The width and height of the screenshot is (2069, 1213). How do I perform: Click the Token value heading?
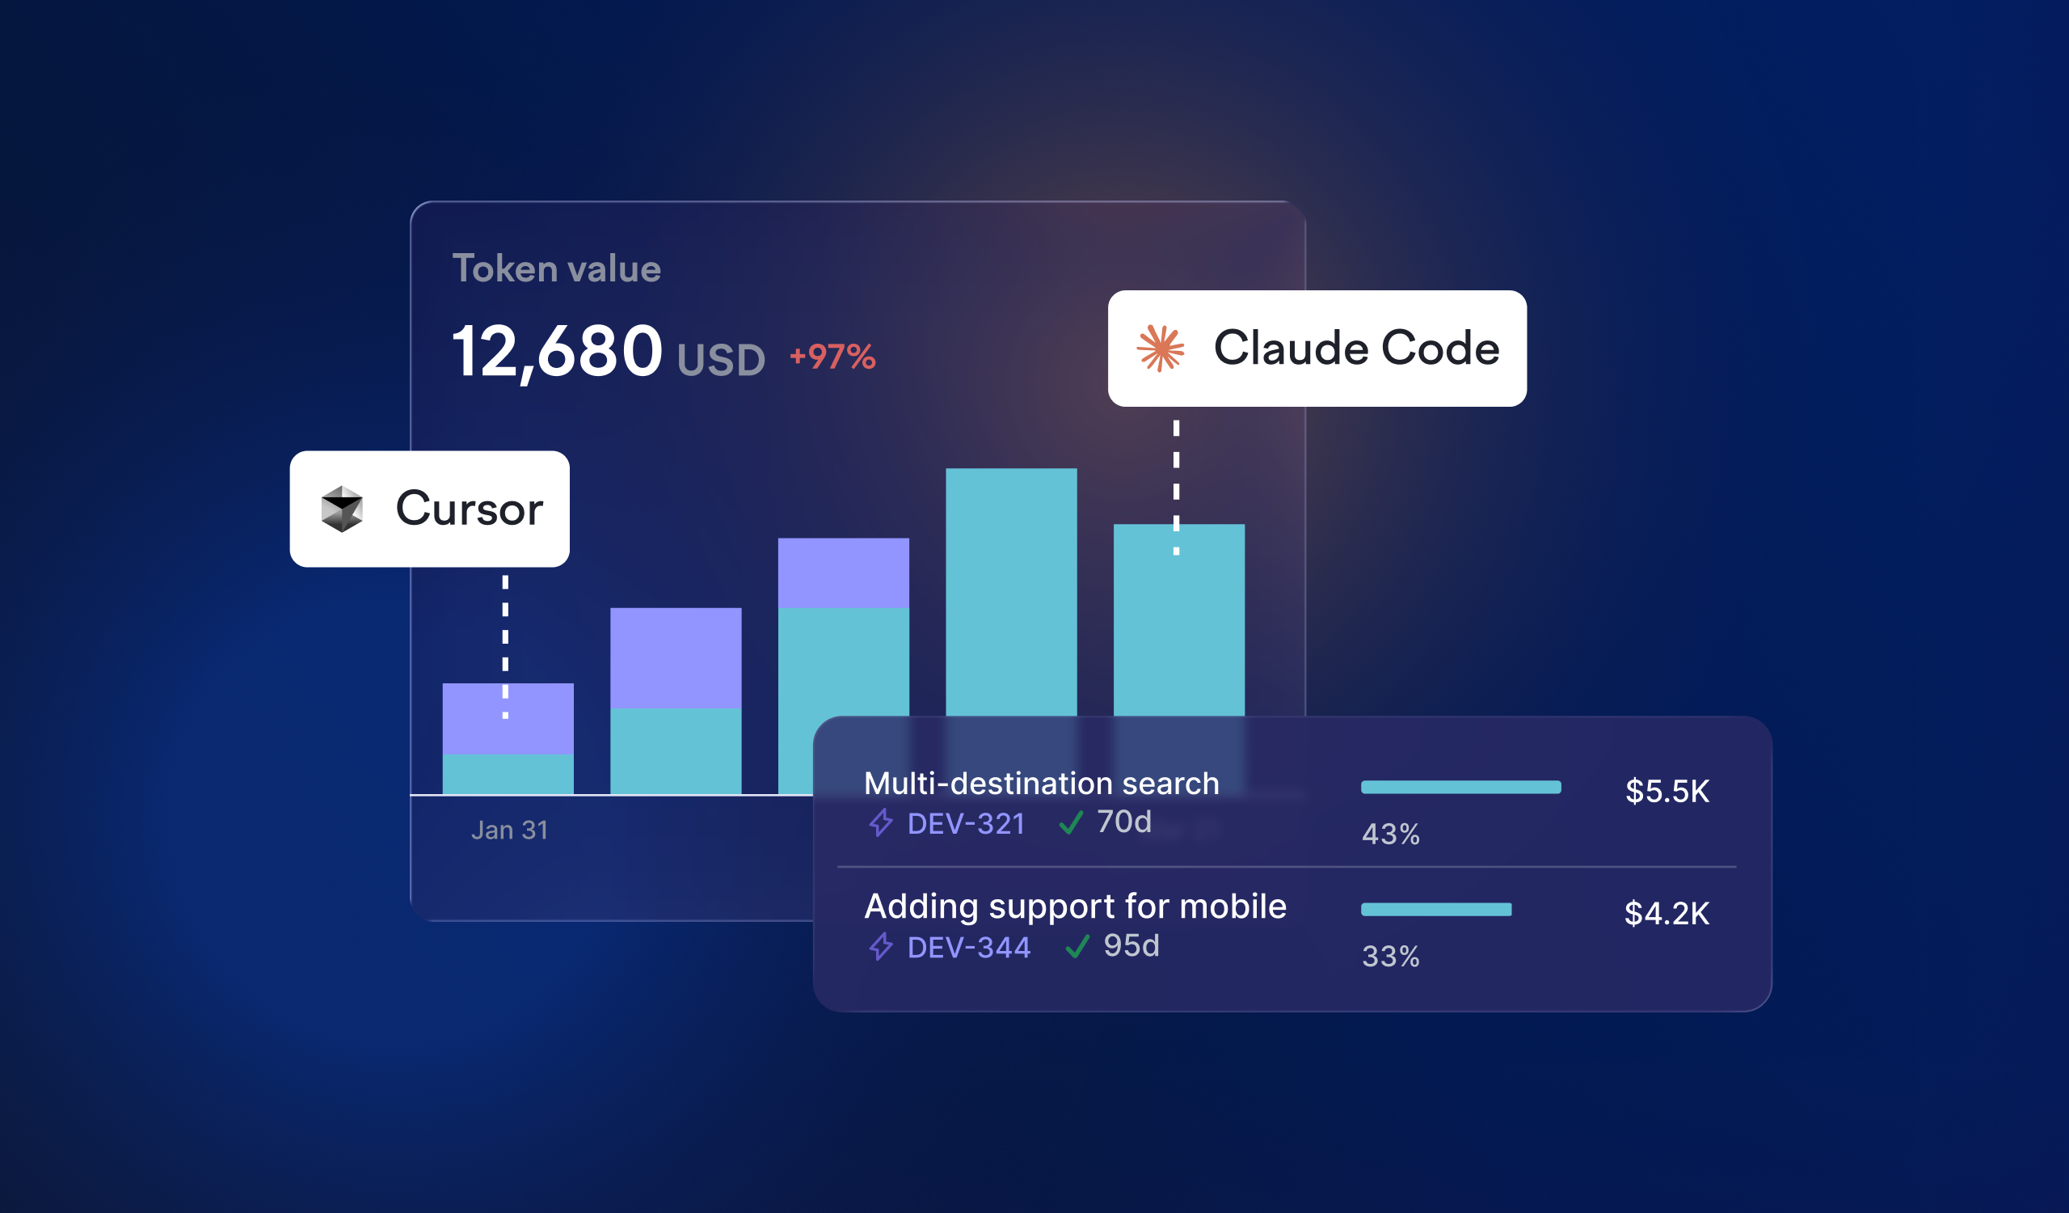557,268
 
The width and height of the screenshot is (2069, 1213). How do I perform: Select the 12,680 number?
558,352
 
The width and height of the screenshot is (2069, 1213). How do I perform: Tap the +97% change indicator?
832,357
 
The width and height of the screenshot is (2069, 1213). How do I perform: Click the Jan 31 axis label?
510,831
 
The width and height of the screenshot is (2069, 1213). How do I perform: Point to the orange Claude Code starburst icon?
1161,349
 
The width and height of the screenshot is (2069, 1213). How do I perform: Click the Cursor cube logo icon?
343,509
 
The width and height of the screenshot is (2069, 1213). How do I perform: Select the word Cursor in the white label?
470,509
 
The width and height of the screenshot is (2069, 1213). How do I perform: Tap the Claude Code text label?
1357,348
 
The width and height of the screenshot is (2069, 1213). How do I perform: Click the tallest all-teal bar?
1012,591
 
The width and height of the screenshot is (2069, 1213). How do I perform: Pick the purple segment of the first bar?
508,719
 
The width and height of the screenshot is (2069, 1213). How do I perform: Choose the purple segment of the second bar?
676,657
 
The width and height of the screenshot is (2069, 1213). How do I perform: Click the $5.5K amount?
1667,791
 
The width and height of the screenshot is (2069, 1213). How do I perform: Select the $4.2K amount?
1667,913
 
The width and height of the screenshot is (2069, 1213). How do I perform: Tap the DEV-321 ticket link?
967,824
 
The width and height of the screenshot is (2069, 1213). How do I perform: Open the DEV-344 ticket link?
969,948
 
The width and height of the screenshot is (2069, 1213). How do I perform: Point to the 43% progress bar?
1461,787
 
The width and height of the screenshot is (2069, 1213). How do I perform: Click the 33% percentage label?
1391,957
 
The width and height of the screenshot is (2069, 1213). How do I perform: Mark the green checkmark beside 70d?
1072,822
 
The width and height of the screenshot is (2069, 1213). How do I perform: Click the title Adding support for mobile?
1076,907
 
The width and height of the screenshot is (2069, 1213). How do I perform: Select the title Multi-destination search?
1042,784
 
